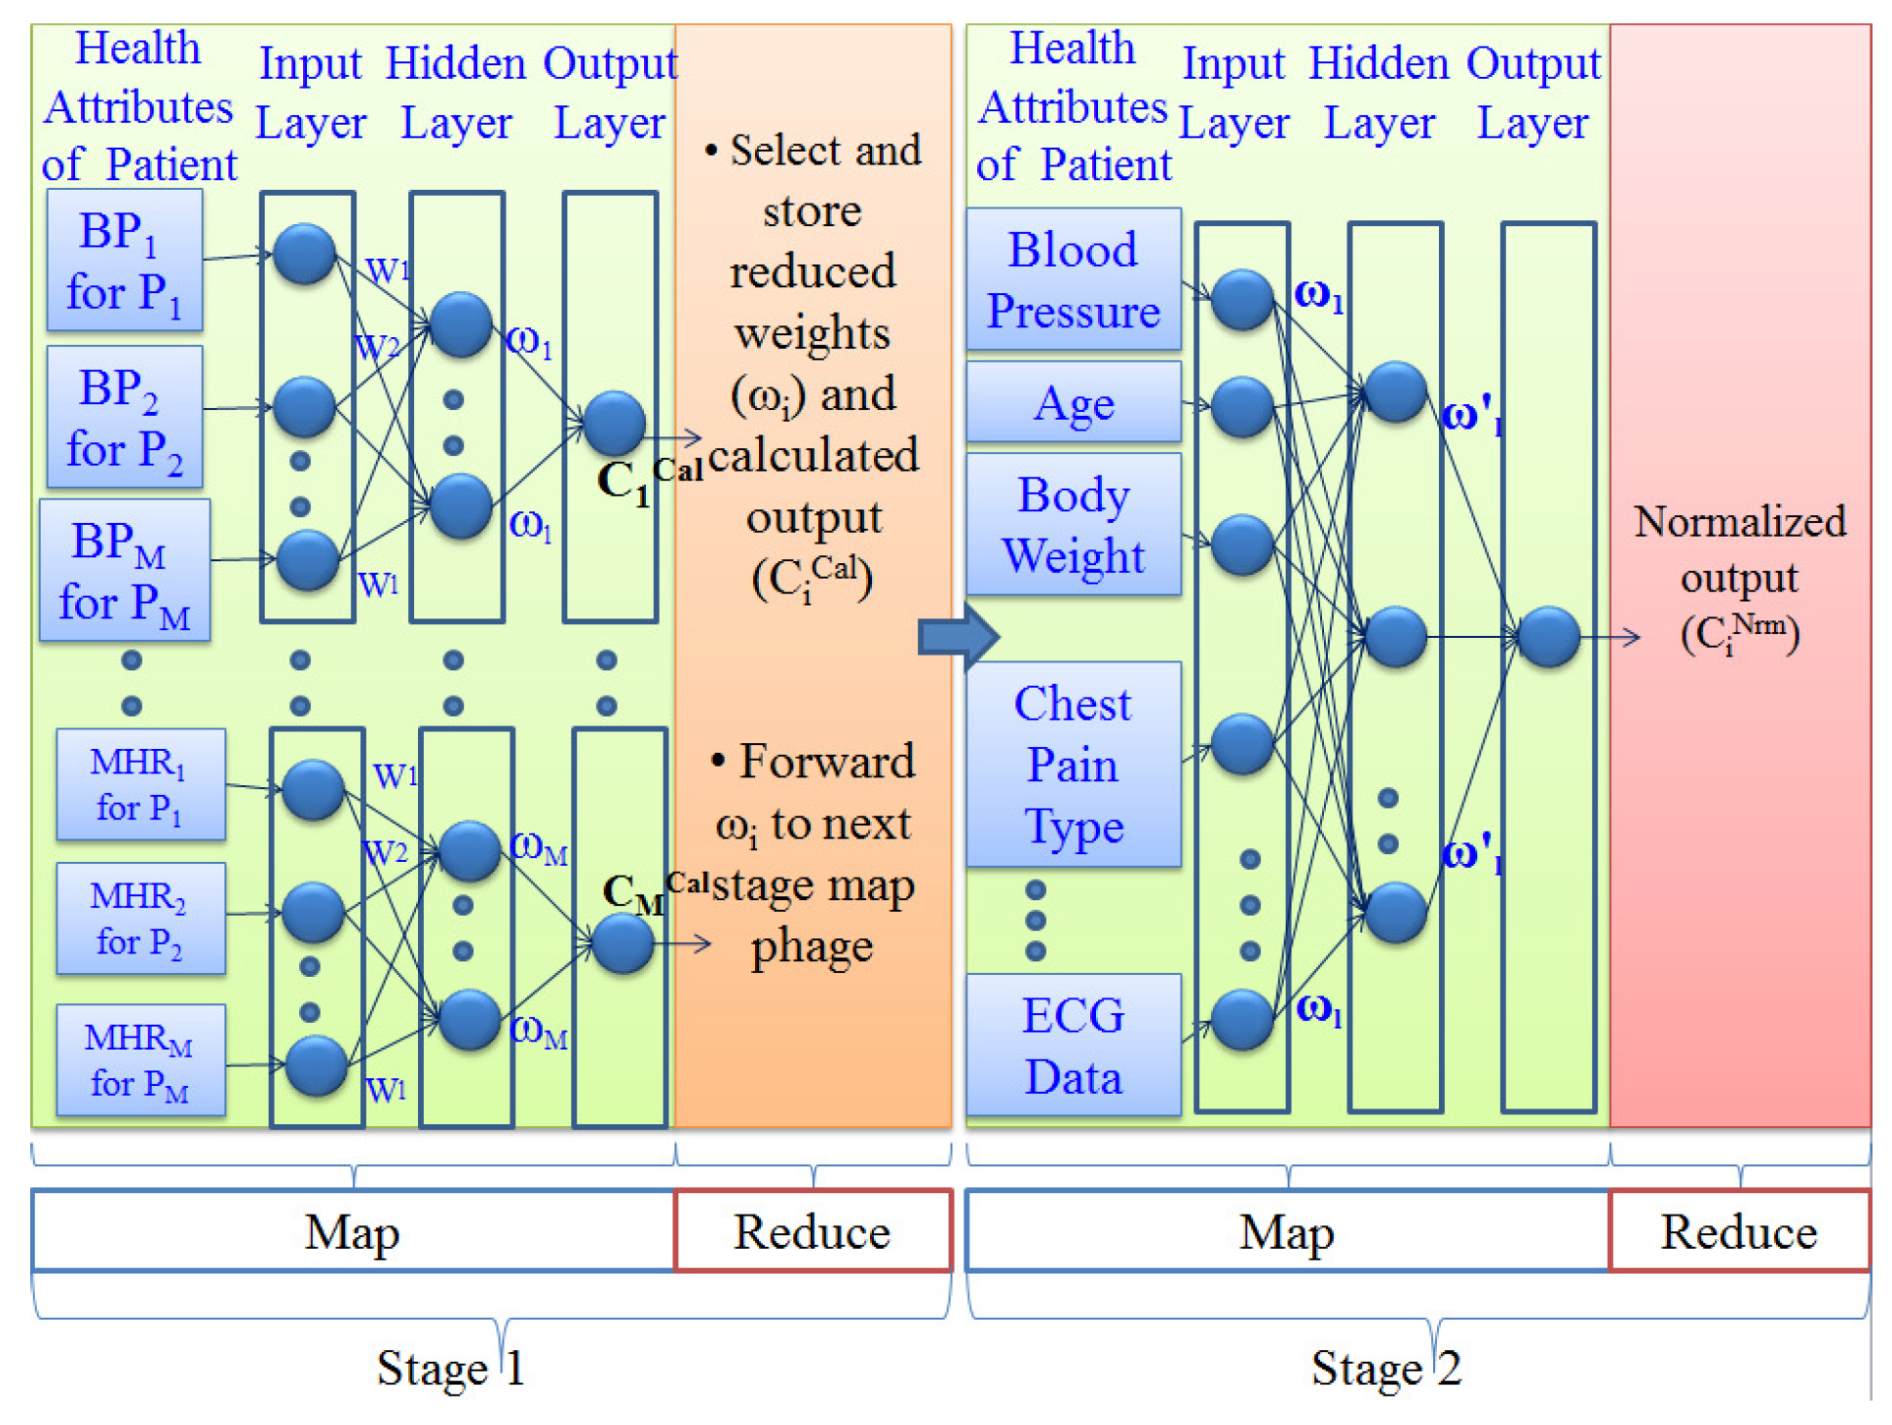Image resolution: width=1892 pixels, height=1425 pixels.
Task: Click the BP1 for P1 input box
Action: pyautogui.click(x=125, y=260)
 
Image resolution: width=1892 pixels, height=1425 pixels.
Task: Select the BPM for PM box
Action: pyautogui.click(x=125, y=570)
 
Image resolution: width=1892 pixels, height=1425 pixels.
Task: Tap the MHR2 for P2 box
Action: pyautogui.click(x=140, y=918)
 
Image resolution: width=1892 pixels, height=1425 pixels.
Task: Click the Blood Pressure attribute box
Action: pyautogui.click(x=1073, y=280)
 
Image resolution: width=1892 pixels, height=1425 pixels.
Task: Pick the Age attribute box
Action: pyautogui.click(x=1073, y=402)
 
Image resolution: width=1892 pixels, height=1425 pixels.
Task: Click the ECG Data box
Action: pyautogui.click(x=1073, y=1045)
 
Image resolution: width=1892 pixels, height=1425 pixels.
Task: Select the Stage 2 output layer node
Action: pyautogui.click(x=1548, y=637)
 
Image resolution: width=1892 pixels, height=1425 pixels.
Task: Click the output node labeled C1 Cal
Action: pyautogui.click(x=614, y=422)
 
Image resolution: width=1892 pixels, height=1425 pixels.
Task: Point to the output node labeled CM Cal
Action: pyautogui.click(x=623, y=943)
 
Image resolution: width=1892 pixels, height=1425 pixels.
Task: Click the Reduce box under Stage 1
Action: pyautogui.click(x=812, y=1231)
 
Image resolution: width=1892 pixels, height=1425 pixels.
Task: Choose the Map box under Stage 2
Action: pyautogui.click(x=1286, y=1231)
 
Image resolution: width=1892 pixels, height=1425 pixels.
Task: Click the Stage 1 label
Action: pyautogui.click(x=450, y=1368)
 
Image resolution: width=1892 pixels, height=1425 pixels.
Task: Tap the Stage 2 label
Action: pyautogui.click(x=1384, y=1368)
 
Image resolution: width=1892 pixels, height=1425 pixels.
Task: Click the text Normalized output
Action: pyautogui.click(x=1739, y=548)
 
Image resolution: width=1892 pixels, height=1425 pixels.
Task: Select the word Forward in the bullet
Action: pyautogui.click(x=826, y=761)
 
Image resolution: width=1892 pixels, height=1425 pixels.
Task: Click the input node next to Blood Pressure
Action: pyautogui.click(x=1241, y=299)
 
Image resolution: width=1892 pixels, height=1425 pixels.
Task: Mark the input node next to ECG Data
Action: pyautogui.click(x=1241, y=1020)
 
